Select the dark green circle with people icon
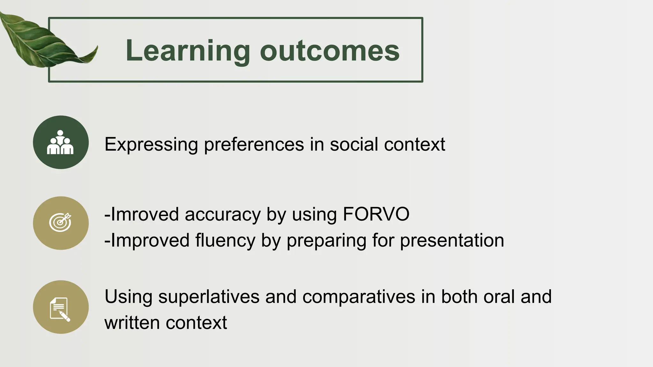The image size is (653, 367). [61, 142]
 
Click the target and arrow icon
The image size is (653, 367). [61, 223]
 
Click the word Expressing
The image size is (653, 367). [151, 145]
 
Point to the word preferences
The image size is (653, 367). [254, 145]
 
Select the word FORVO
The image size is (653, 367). [376, 214]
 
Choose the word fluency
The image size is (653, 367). [225, 241]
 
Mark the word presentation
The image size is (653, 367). [452, 241]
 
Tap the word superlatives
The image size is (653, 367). [209, 297]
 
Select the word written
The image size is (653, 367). [132, 323]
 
